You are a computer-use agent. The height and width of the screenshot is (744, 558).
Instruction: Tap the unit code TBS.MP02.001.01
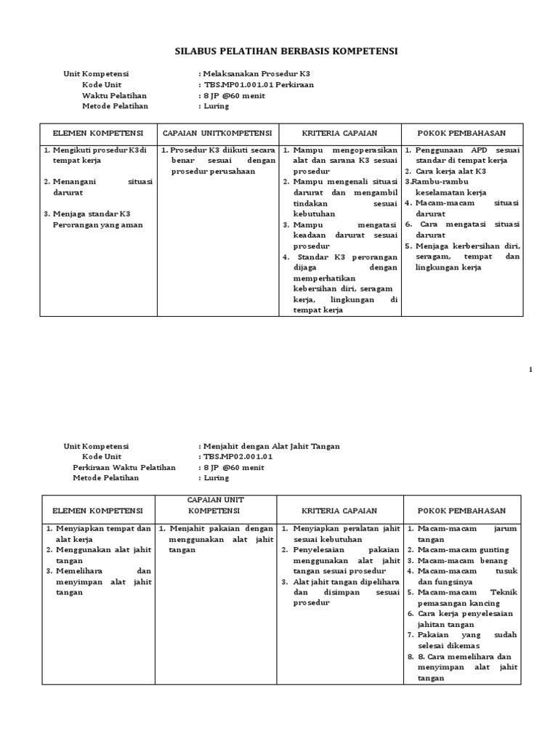238,456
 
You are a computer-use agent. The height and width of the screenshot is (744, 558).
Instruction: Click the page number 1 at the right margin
530,370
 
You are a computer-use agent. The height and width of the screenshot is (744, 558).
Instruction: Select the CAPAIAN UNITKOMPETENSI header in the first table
217,134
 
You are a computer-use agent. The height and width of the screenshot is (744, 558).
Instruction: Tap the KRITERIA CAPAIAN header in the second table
340,511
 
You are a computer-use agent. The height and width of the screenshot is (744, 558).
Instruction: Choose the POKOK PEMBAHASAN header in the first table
461,134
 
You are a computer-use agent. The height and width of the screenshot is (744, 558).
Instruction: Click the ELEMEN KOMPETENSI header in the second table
97,511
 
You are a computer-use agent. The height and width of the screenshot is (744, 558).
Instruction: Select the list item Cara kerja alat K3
450,171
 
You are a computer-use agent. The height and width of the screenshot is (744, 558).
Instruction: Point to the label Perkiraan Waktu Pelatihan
124,467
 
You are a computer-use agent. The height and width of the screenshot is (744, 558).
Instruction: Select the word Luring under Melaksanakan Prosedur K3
217,106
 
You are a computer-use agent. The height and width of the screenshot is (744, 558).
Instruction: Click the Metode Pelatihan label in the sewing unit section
110,478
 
